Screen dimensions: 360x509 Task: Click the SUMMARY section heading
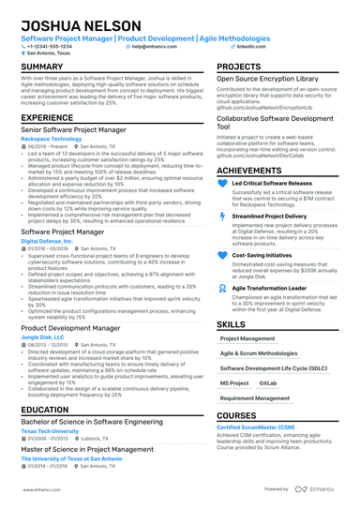tap(42, 67)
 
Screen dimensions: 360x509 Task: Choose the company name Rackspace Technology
tap(52, 136)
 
